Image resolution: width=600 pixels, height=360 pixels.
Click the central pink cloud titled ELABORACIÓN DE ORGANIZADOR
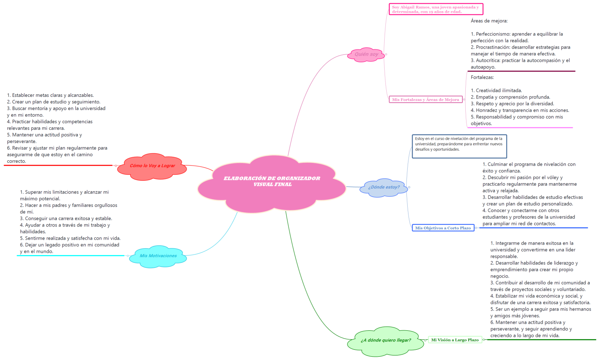point(272,182)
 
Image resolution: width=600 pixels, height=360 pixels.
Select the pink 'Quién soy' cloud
point(367,54)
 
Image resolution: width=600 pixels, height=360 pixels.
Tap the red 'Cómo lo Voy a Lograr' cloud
point(152,166)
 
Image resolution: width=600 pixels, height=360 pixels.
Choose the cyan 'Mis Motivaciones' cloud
point(158,256)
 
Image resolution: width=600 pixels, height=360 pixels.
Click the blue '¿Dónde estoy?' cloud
point(384,187)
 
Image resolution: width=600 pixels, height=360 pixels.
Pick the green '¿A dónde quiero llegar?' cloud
point(385,340)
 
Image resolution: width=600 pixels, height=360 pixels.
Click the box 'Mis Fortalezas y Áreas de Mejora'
point(425,100)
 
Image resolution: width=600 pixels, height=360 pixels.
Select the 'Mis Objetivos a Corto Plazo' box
point(443,228)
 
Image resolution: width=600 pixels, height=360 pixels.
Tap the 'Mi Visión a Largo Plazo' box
point(455,340)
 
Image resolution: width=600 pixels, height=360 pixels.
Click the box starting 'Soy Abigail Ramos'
point(435,9)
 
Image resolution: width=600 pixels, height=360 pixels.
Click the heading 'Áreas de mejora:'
point(489,21)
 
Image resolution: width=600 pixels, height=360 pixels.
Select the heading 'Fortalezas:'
point(482,77)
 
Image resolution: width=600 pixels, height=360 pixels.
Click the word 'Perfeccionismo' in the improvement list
point(493,34)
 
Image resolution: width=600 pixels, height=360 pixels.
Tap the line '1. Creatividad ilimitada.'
point(496,91)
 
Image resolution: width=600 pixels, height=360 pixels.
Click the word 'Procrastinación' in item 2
point(493,47)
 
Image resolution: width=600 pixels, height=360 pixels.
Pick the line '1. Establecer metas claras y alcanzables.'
point(50,96)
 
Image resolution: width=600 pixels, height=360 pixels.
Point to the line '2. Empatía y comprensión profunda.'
point(510,97)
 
